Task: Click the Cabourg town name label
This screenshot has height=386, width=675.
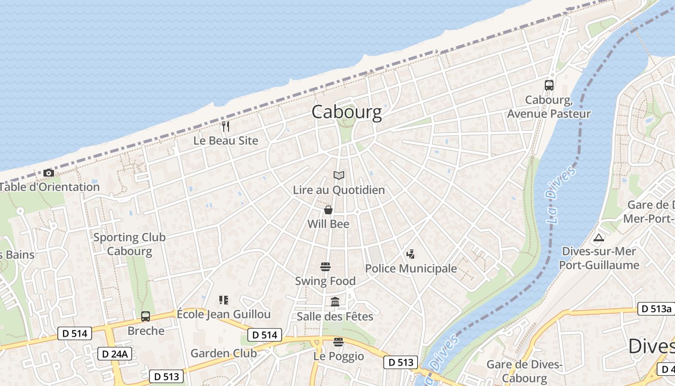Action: tap(346, 112)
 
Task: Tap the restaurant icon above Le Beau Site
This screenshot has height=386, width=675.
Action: tap(226, 126)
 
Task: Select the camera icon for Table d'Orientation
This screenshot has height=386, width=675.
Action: tap(48, 173)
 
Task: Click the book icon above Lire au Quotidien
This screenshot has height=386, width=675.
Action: tap(339, 176)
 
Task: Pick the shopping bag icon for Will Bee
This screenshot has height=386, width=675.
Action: tap(328, 210)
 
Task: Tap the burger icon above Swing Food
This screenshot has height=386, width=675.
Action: tap(325, 267)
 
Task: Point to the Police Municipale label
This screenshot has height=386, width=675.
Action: tap(411, 269)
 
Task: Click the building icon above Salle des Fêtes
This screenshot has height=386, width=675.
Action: tap(335, 302)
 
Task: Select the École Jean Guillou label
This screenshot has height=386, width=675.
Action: tap(224, 314)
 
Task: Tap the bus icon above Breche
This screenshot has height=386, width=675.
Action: tap(146, 317)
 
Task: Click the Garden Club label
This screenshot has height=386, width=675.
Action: tap(224, 353)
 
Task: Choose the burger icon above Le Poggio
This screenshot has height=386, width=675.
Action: tap(338, 342)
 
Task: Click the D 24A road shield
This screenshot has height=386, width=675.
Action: tap(115, 354)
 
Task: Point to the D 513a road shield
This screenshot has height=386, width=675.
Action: tap(656, 309)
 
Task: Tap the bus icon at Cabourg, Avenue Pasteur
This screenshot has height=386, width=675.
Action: tap(549, 85)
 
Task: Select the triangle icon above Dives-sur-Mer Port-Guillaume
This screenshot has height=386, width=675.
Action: tap(599, 237)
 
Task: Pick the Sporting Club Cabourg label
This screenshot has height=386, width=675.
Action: tap(129, 244)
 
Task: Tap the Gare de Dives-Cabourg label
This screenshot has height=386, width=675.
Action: tap(524, 371)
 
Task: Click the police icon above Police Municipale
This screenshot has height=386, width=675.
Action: tap(411, 254)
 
